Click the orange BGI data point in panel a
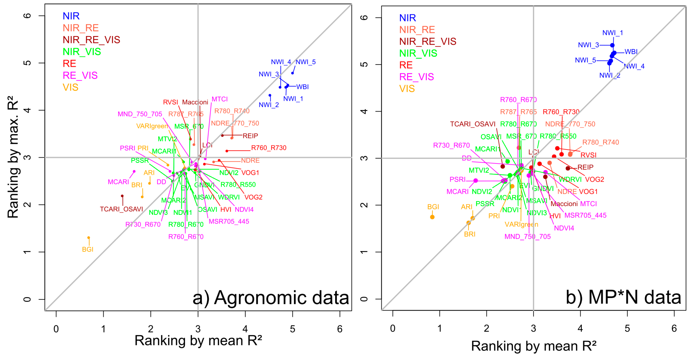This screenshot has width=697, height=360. [88, 238]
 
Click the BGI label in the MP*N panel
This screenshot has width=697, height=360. [433, 207]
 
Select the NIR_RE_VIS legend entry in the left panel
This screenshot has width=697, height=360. [91, 40]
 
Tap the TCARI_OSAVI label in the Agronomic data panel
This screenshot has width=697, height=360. [121, 209]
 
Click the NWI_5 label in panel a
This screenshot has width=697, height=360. [305, 62]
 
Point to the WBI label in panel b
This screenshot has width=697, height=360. [631, 52]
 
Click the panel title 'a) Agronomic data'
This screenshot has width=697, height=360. [270, 298]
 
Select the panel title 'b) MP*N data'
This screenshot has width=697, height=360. [623, 297]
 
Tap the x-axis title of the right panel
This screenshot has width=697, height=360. [534, 346]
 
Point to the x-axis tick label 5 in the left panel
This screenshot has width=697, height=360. [292, 329]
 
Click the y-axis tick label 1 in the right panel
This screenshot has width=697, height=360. [364, 252]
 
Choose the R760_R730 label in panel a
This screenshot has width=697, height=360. [269, 148]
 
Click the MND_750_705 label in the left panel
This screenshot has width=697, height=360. [140, 114]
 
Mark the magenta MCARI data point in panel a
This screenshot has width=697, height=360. [134, 171]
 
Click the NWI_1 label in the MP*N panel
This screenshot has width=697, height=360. [613, 33]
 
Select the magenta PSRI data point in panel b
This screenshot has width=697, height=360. [476, 181]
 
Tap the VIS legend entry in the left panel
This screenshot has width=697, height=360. [70, 87]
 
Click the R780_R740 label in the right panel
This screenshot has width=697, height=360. [600, 142]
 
